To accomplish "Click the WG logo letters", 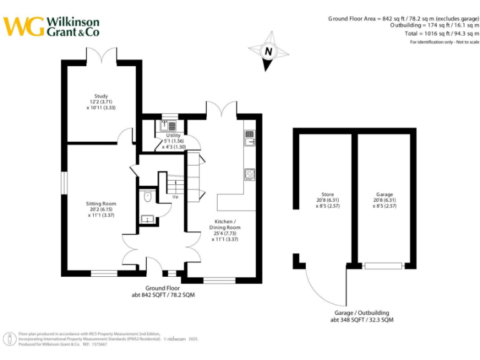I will [x=24, y=26].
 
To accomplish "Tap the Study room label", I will [x=101, y=102].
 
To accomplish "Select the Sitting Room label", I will [x=101, y=209].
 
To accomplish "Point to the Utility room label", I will [x=173, y=141].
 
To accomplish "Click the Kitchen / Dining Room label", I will [x=225, y=230].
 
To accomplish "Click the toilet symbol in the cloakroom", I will [x=147, y=197].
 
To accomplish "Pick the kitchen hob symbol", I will [x=249, y=174].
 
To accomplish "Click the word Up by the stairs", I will [x=176, y=197].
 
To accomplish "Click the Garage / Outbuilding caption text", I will [x=362, y=316].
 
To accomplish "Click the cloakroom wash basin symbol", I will [x=147, y=219].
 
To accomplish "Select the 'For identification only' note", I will [x=444, y=42].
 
